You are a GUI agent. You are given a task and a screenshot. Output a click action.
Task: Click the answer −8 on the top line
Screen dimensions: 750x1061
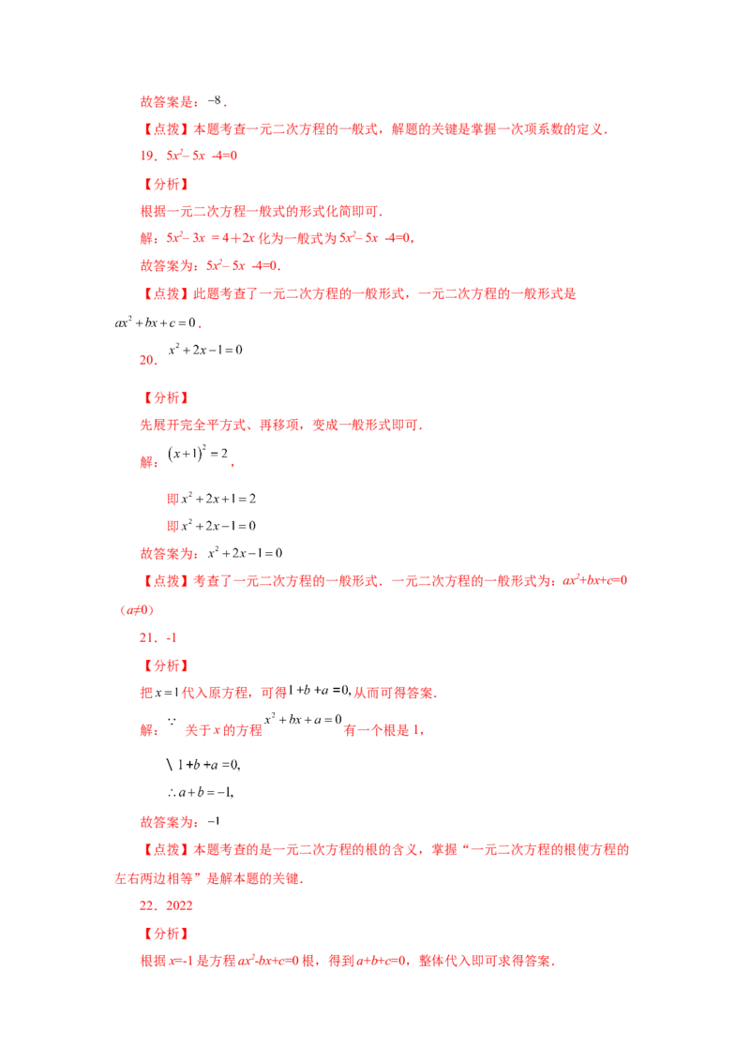click(216, 101)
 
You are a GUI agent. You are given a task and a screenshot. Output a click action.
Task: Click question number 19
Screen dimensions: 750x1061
click(149, 156)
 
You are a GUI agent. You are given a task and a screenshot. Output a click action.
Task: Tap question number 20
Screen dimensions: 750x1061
click(149, 360)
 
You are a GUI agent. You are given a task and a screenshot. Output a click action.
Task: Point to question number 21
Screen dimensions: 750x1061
click(149, 637)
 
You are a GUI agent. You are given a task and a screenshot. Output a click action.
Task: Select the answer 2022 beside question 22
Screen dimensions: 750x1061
click(179, 905)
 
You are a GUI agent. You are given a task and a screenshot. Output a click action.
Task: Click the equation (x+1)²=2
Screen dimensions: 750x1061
click(198, 454)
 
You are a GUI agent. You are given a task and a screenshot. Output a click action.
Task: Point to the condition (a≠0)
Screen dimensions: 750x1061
click(137, 609)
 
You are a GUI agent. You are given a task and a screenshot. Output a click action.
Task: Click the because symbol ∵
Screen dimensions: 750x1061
click(172, 722)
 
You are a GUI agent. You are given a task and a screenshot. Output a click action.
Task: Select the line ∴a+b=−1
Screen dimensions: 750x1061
click(201, 792)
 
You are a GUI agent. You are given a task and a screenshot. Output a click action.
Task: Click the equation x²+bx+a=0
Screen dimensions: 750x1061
click(303, 719)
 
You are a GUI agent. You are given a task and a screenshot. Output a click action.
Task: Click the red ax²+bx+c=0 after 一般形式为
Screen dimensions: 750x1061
click(595, 580)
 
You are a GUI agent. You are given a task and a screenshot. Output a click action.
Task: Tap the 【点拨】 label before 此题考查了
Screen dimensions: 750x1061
click(166, 293)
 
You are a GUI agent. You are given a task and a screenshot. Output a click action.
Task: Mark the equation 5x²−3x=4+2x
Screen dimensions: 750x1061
click(211, 237)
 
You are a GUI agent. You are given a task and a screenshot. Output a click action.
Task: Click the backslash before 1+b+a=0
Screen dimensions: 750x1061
click(170, 765)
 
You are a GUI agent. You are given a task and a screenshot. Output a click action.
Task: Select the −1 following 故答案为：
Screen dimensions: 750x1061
click(214, 821)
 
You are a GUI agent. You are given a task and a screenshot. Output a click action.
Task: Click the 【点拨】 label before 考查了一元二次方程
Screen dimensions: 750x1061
click(166, 580)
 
